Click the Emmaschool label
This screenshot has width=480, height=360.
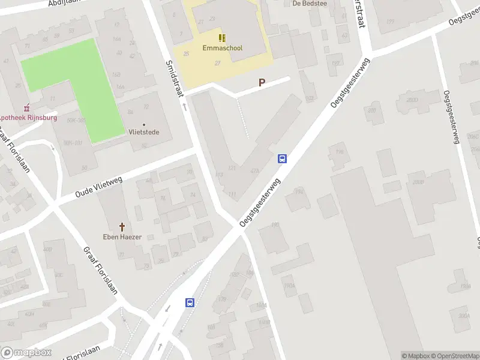click(222, 48)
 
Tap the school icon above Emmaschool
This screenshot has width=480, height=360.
click(222, 38)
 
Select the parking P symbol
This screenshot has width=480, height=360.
click(262, 83)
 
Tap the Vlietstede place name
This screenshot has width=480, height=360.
click(143, 132)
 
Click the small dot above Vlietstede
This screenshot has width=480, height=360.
click(143, 124)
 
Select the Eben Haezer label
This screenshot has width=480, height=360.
click(122, 237)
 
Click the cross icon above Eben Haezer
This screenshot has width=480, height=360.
click(122, 227)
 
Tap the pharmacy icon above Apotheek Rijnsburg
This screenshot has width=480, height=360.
click(25, 109)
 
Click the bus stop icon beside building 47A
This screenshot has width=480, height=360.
click(282, 159)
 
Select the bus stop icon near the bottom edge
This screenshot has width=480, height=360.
click(190, 303)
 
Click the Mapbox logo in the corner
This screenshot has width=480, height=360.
click(26, 353)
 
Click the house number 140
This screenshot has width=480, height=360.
click(275, 225)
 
